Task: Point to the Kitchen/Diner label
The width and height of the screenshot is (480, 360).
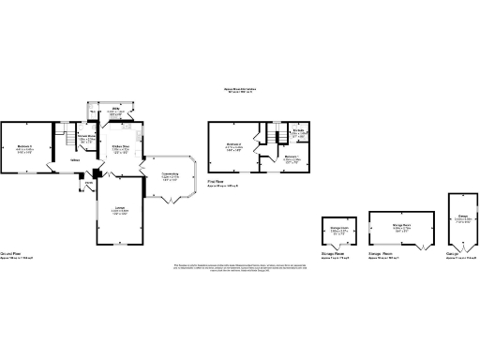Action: (121, 146)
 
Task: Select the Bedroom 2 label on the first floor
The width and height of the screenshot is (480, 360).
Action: (233, 144)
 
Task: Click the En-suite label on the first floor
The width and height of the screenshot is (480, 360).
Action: (298, 131)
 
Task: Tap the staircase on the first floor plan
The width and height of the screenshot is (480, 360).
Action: (269, 138)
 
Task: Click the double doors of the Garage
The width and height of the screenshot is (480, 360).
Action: (459, 249)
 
